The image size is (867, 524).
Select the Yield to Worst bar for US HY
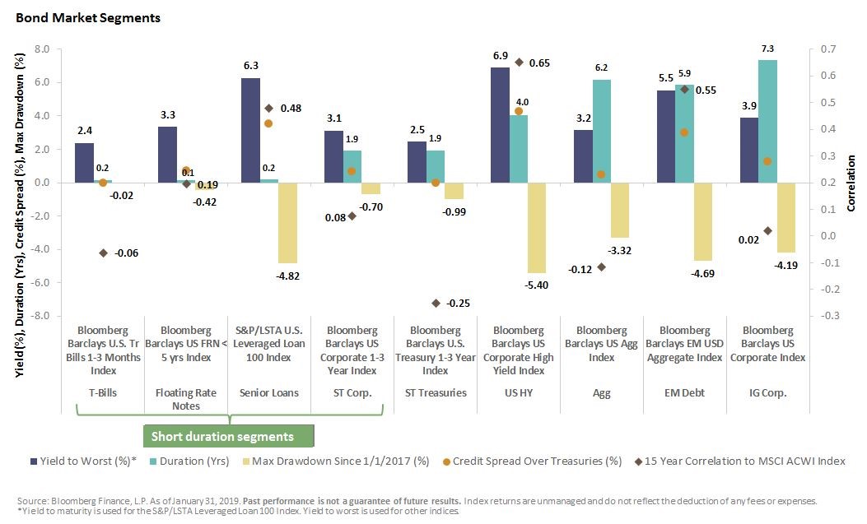(500, 125)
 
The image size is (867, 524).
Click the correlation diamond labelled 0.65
(519, 63)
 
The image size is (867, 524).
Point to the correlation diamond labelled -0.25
(436, 303)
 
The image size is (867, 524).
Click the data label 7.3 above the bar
(767, 50)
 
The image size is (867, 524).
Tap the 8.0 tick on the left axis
(42, 49)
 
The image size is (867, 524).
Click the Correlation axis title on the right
(851, 183)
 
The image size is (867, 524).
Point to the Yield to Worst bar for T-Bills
(84, 163)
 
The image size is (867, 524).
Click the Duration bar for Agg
(601, 131)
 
